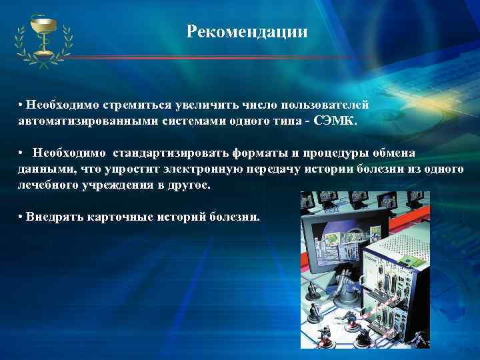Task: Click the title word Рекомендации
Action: [x=247, y=31]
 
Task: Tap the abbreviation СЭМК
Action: [x=339, y=122]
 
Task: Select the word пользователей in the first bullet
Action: [x=325, y=105]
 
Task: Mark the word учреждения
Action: [x=123, y=185]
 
